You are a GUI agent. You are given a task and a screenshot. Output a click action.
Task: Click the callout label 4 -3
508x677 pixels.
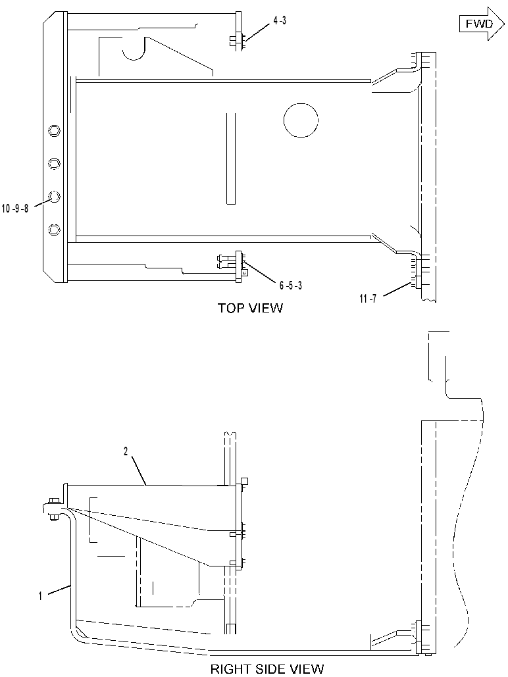(279, 20)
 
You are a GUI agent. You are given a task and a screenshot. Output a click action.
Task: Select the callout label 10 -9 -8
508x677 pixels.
(15, 209)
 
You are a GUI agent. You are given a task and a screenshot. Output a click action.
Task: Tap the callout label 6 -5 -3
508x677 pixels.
(290, 286)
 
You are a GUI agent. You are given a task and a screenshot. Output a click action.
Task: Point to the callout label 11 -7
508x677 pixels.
(368, 298)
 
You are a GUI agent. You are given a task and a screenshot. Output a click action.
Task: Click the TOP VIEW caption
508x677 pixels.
(250, 308)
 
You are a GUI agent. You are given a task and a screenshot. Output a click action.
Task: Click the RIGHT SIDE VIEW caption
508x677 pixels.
(267, 669)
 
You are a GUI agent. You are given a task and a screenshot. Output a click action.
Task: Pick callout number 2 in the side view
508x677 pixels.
(126, 451)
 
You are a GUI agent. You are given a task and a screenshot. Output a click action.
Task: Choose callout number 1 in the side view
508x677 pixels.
(40, 597)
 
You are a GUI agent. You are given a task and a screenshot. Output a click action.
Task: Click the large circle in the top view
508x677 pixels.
(301, 120)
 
